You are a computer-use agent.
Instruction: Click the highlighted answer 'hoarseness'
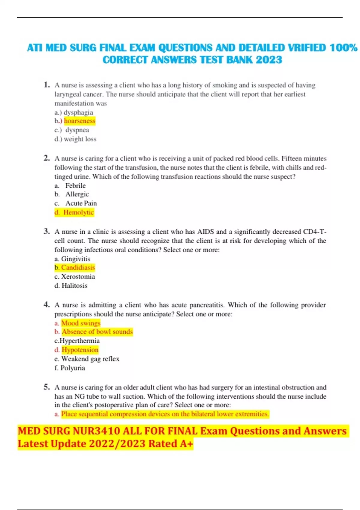[x=79, y=121]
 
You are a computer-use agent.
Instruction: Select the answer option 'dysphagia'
[x=78, y=112]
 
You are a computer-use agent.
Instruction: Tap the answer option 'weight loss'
[x=80, y=139]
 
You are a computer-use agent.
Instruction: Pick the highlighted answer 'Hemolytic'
[x=78, y=212]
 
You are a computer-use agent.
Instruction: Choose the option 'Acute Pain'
[x=81, y=203]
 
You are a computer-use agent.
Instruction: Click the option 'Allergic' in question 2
[x=77, y=194]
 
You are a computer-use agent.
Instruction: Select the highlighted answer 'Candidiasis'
[x=78, y=268]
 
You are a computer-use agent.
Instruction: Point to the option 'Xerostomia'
[x=78, y=277]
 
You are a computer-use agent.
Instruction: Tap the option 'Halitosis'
[x=74, y=286]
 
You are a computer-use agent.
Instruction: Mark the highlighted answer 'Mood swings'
[x=81, y=323]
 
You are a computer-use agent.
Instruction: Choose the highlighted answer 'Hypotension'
[x=80, y=350]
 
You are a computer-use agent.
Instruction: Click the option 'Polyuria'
[x=73, y=368]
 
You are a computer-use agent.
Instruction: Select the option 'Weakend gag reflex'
[x=90, y=359]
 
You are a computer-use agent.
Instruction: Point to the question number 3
[x=46, y=231]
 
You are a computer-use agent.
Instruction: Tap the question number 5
[x=46, y=387]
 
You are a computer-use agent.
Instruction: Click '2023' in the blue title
[x=269, y=60]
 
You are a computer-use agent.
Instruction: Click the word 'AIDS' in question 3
[x=205, y=232]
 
